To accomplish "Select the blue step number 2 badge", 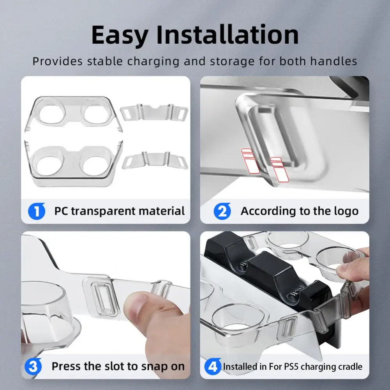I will pos(222,211).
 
